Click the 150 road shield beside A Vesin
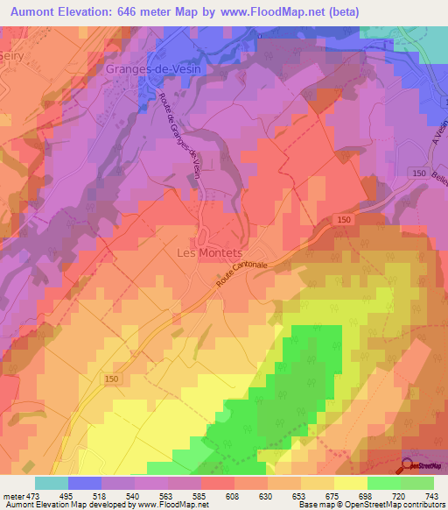421,174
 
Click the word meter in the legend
12,496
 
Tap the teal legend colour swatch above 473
51,483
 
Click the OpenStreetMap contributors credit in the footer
395,506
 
